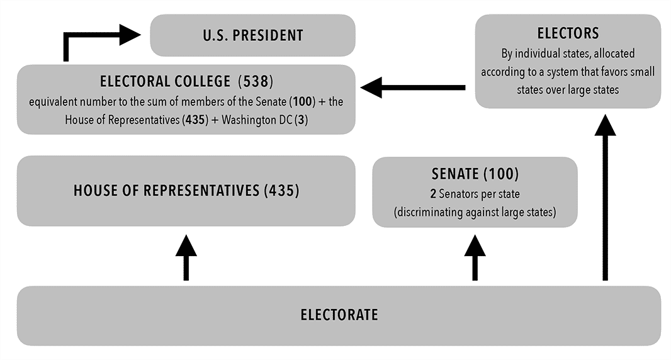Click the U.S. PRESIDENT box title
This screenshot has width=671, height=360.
tap(253, 35)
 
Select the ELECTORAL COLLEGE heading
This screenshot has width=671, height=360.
tap(186, 81)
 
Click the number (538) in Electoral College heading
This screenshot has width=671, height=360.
tap(256, 81)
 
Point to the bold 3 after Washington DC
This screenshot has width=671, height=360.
tap(302, 120)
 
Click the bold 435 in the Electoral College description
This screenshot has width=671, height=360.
tap(195, 120)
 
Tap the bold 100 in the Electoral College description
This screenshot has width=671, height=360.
tap(303, 102)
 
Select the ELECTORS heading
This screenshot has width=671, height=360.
tap(568, 33)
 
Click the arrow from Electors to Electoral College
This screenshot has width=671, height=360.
tap(413, 87)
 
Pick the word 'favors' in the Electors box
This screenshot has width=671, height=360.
tap(614, 72)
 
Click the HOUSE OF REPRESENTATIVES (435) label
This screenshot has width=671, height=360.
tap(186, 191)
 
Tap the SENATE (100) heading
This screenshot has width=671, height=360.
tap(475, 174)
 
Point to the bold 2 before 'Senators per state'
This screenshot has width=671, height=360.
tap(434, 194)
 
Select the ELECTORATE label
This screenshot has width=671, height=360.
tap(339, 315)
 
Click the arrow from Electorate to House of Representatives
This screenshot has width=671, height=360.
tap(186, 257)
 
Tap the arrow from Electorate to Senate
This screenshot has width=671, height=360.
tap(475, 257)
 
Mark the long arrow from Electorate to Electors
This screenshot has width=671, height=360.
tap(605, 198)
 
